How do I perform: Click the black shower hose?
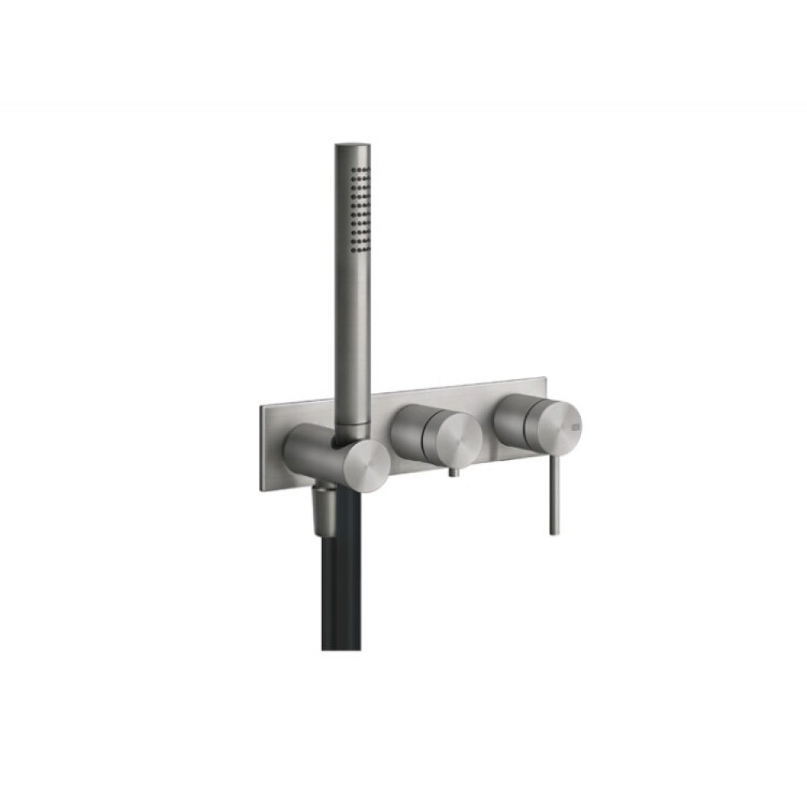pos(339,581)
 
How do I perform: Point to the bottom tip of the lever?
pos(554,531)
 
